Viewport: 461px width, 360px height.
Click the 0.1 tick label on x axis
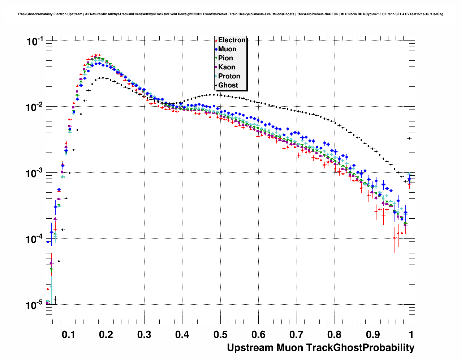pyautogui.click(x=68, y=335)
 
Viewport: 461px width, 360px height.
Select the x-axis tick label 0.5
pyautogui.click(x=220, y=335)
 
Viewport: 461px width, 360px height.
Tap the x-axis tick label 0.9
pyautogui.click(x=372, y=335)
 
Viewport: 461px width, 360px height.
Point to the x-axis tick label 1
pyautogui.click(x=411, y=335)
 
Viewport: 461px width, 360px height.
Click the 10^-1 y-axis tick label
pyautogui.click(x=35, y=41)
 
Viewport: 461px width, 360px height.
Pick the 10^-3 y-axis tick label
pyautogui.click(x=35, y=173)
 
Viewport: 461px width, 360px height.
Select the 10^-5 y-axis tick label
pyautogui.click(x=35, y=305)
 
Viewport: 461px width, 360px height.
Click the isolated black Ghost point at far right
pyautogui.click(x=409, y=138)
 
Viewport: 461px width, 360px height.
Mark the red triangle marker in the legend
pyautogui.click(x=216, y=40)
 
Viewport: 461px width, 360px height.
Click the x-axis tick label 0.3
pyautogui.click(x=144, y=335)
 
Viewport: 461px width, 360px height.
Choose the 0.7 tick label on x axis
pyautogui.click(x=296, y=335)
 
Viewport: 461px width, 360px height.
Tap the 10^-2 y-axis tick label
pyautogui.click(x=35, y=107)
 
